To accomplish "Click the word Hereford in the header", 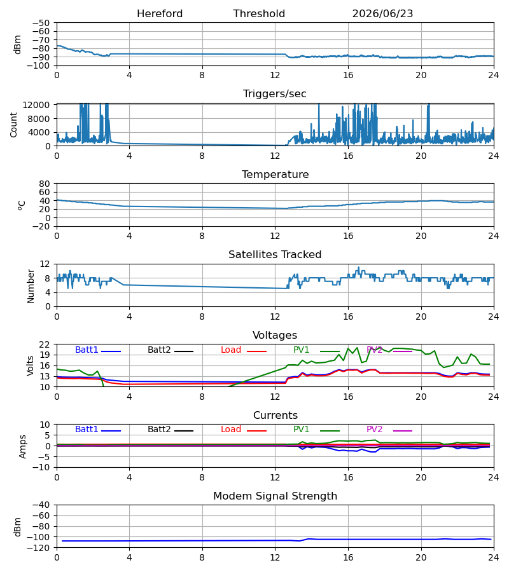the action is click(160, 14).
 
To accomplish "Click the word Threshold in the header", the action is click(259, 14).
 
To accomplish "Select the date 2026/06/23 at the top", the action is click(382, 14).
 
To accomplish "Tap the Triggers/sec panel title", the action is click(275, 94).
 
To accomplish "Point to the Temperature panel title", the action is click(275, 174).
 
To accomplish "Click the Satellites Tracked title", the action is click(275, 255).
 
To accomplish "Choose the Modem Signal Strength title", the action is click(275, 496).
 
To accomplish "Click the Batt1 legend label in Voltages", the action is click(87, 350).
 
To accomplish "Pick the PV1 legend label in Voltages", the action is click(301, 350).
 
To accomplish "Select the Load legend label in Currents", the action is click(231, 430).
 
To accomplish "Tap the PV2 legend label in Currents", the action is click(374, 430).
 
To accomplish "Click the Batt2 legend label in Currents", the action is click(159, 430).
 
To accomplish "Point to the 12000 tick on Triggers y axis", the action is click(36, 105).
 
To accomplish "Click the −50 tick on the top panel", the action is click(41, 23).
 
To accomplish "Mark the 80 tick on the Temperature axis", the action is click(45, 184).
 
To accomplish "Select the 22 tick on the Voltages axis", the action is click(45, 344).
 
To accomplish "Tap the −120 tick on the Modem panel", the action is click(39, 548).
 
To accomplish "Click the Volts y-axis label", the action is click(31, 365).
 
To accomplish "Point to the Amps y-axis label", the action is click(23, 446).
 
